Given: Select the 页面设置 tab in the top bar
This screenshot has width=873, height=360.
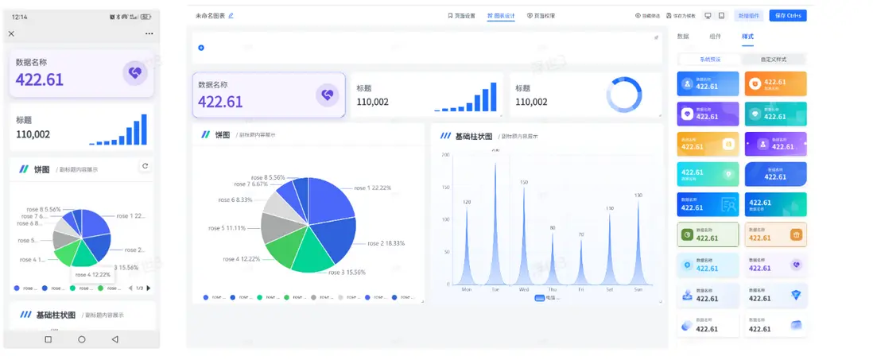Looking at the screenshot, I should (461, 15).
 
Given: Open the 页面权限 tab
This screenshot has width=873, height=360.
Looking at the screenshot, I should (541, 15).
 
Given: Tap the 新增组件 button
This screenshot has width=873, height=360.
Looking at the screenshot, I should (748, 15).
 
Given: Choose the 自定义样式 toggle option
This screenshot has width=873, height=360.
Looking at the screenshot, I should (773, 60).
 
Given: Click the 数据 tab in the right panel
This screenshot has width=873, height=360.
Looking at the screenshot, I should (683, 37).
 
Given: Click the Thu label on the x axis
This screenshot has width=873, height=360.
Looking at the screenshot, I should (553, 290).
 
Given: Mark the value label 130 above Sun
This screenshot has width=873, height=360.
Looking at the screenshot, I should (638, 195).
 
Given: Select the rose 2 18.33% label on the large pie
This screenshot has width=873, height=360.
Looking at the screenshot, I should (386, 243).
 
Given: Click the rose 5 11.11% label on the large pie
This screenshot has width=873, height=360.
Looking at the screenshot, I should (227, 228).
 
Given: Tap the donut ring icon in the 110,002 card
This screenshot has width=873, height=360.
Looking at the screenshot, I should (623, 95).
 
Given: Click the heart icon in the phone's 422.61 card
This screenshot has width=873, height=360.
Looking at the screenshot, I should (134, 73).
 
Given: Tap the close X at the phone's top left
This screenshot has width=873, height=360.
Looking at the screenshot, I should (11, 33).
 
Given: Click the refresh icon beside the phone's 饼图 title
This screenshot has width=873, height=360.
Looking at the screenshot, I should (145, 166).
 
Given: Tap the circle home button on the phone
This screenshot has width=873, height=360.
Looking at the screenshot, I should (81, 339).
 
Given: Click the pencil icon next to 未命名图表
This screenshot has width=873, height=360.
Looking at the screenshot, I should (231, 15).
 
